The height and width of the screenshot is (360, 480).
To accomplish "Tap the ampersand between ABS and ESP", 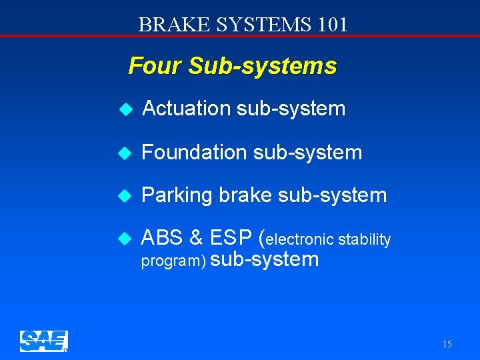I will pos(197,237).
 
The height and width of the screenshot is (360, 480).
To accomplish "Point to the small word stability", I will pos(365,239).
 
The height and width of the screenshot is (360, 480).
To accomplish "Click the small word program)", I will pos(173,261).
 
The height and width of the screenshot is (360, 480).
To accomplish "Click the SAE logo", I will pos(43,341).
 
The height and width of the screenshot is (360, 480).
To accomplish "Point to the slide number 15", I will pos(447,344).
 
